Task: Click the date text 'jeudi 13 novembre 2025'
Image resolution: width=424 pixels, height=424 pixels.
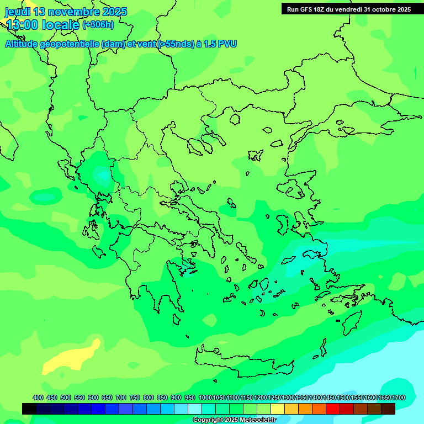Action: point(66,12)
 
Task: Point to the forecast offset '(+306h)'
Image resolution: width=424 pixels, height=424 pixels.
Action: point(98,25)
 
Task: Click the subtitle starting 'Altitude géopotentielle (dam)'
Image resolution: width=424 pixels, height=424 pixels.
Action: point(121,44)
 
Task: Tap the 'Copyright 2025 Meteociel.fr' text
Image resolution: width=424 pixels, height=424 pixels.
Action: point(234,420)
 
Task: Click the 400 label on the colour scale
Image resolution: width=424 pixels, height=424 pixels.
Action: point(38,398)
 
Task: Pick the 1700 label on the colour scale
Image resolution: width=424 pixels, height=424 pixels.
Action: point(399,398)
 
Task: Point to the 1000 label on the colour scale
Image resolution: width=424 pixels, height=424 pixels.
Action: point(205,398)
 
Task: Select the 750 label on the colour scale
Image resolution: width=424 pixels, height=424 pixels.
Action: point(135,398)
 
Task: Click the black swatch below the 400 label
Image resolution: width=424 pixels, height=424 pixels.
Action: point(30,409)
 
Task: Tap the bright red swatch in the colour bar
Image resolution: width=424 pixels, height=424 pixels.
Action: point(333,409)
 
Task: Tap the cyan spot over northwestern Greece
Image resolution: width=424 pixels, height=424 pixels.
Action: point(103,175)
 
